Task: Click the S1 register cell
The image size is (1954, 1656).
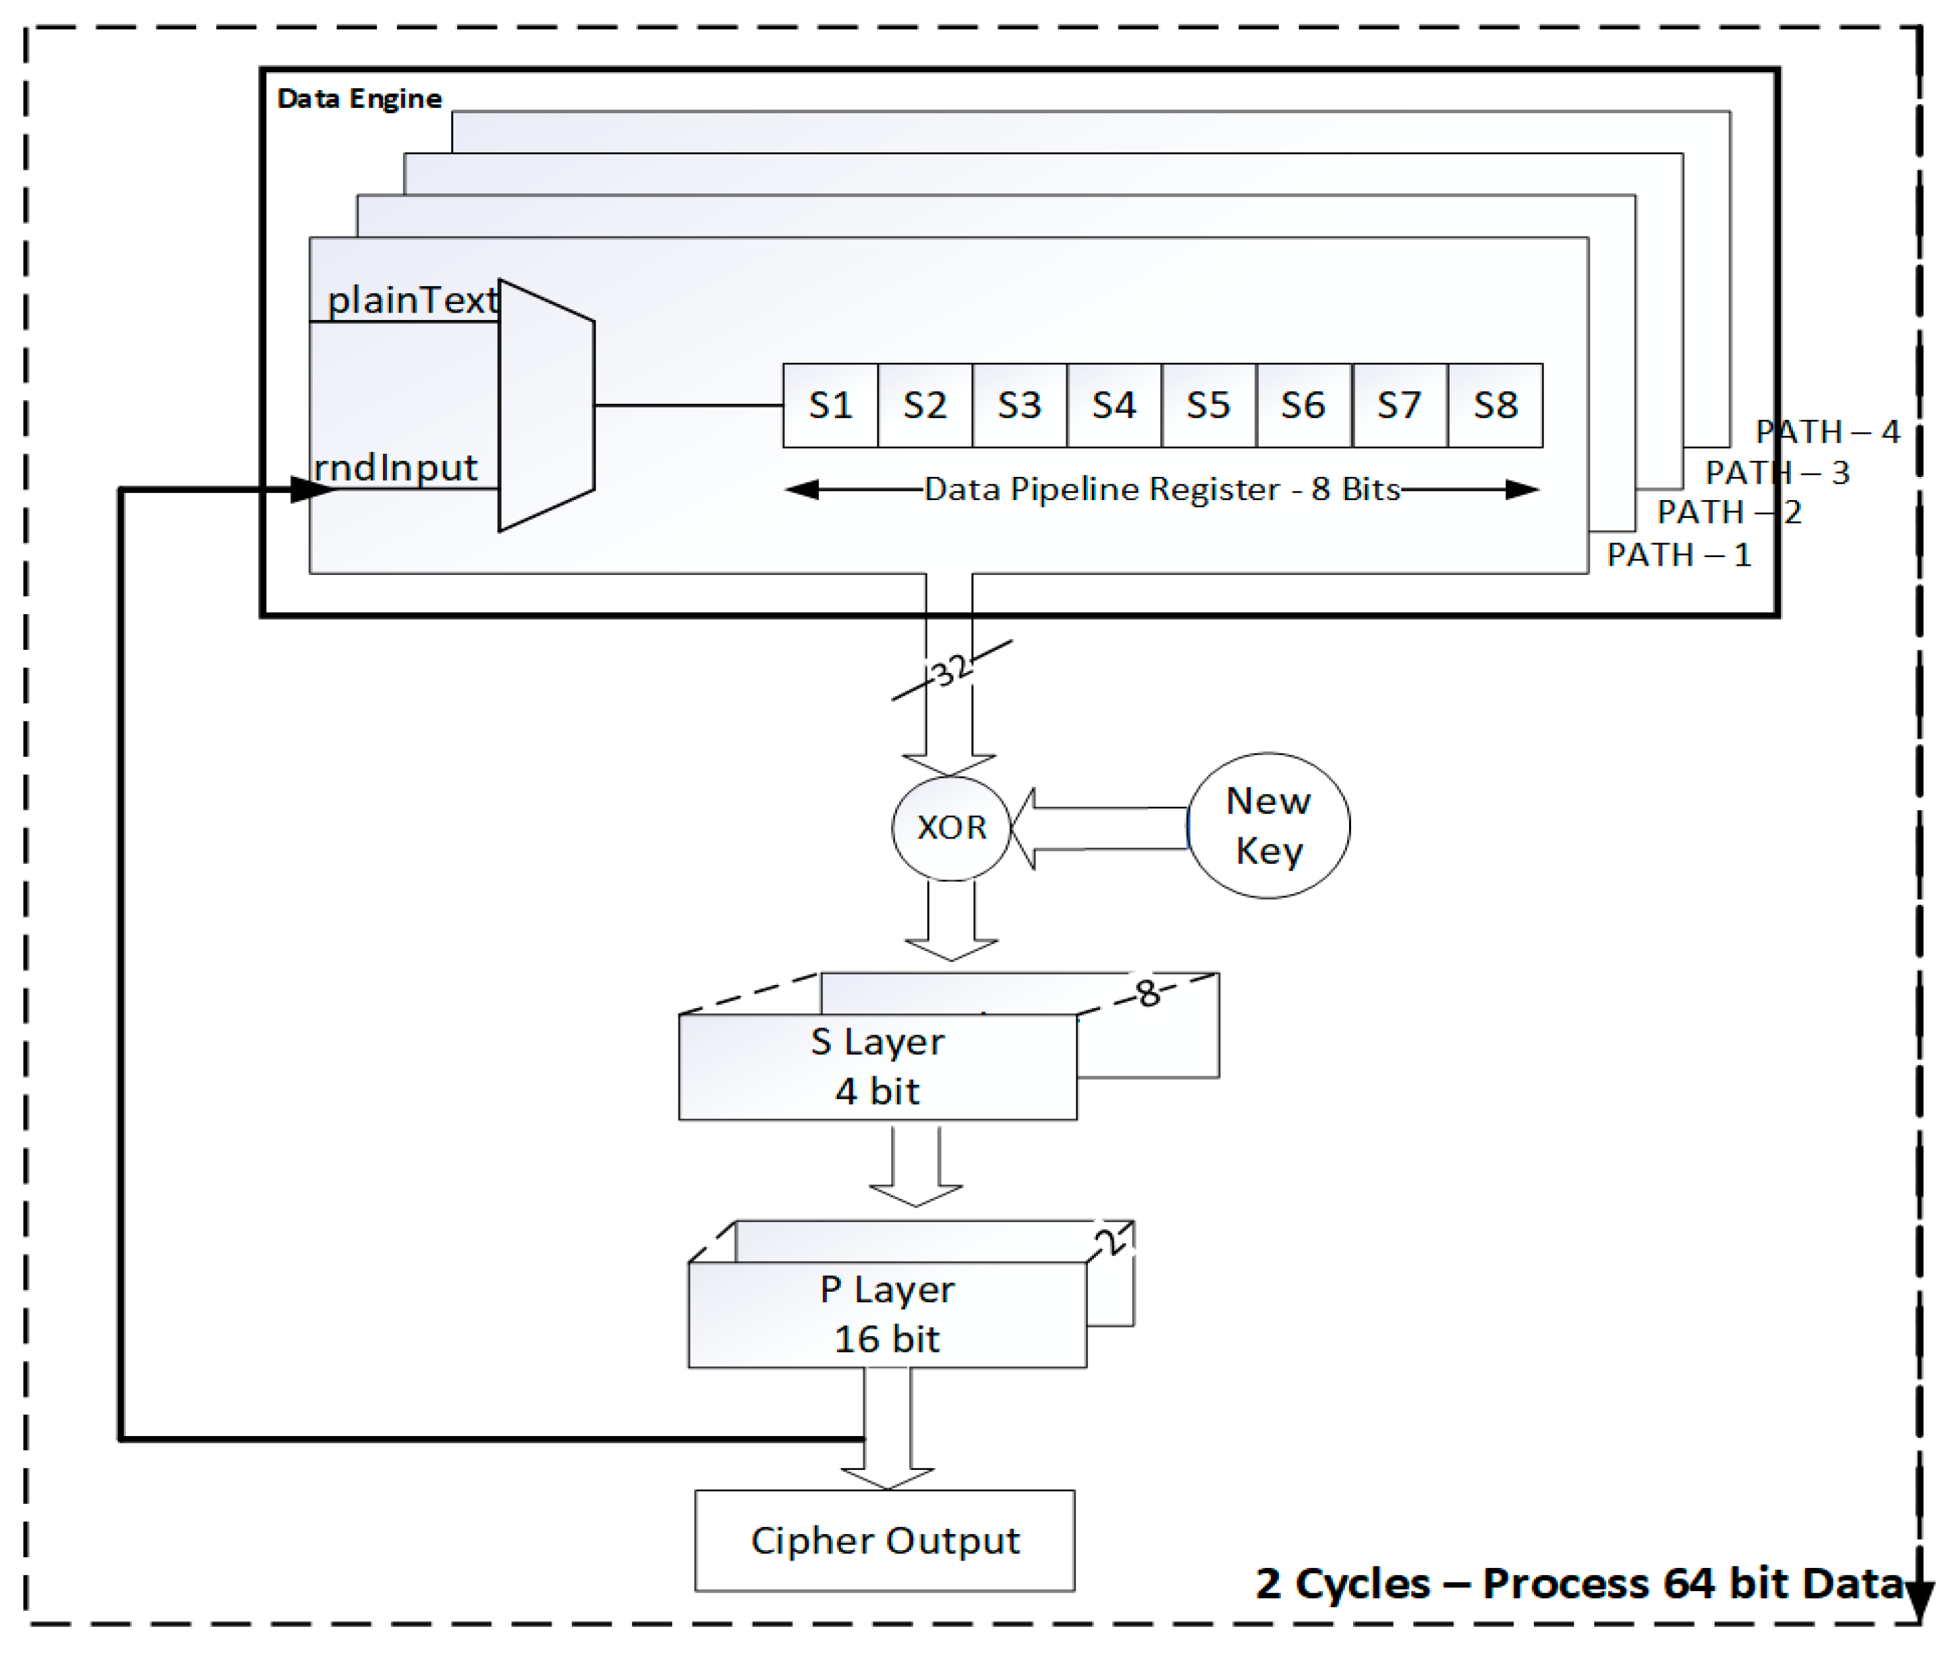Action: (x=830, y=405)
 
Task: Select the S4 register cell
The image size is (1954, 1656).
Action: (x=1114, y=405)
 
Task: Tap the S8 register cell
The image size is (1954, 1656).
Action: (x=1495, y=405)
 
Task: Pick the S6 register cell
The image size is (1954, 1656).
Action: (x=1303, y=405)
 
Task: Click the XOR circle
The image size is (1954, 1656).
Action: (x=951, y=827)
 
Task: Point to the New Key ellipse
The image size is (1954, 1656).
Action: (x=1269, y=825)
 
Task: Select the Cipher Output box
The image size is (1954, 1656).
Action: (x=885, y=1541)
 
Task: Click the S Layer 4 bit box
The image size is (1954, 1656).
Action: (x=877, y=1066)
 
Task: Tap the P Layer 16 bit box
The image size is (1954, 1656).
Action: (x=887, y=1314)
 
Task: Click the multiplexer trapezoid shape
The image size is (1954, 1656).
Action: (x=545, y=405)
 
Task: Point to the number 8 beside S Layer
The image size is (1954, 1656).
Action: (x=1148, y=993)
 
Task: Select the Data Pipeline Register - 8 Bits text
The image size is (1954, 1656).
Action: (x=1162, y=489)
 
